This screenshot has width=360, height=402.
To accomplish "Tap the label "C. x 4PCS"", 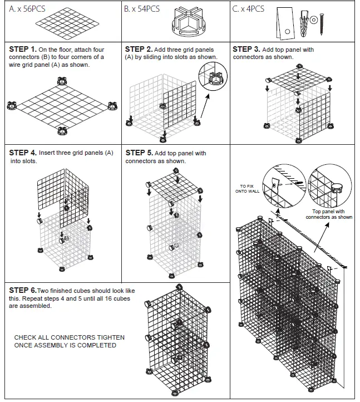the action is [x=249, y=9].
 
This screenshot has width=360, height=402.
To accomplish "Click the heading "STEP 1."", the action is [x=23, y=50].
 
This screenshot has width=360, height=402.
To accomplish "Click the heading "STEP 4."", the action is [x=23, y=153].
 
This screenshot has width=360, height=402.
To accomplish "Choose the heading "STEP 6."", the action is [x=23, y=290].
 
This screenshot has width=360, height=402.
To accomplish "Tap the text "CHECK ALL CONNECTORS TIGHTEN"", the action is [x=69, y=337].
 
